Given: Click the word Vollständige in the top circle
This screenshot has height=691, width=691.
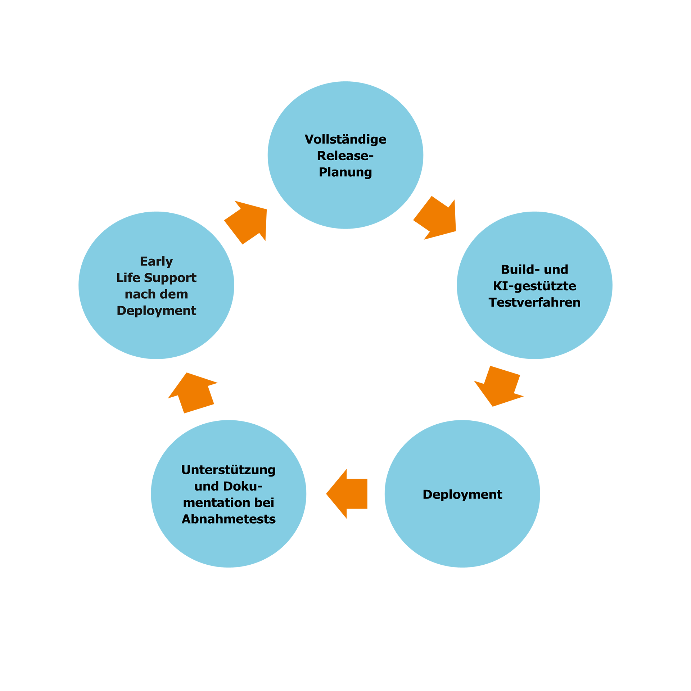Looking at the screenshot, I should point(345,139).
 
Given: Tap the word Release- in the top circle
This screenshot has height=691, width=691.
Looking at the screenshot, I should point(345,156).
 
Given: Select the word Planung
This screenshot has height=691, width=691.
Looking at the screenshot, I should point(345,172).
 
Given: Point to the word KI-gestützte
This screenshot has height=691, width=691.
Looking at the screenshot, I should point(534,286).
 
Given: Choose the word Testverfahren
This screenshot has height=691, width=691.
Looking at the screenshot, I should point(534,302).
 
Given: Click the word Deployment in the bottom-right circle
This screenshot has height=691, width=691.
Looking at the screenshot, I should point(462,494).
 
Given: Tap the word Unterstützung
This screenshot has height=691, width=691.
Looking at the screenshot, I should point(228,470).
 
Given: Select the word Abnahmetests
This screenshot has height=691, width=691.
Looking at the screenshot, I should point(228,519).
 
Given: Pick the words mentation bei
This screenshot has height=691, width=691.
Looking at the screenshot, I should point(228,502).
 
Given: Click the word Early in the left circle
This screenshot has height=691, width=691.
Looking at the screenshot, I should point(156,261).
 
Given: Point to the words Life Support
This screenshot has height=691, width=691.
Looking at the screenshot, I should point(156,277).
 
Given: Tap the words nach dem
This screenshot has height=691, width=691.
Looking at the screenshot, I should point(156,294).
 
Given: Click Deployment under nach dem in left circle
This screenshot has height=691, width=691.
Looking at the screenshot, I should point(156,311).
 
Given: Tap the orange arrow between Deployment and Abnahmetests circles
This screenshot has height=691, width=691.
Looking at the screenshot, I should point(347,493).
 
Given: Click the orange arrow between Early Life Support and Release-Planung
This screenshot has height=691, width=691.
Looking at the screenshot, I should point(252,220).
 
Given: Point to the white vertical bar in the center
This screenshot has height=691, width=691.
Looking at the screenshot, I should point(316,360).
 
